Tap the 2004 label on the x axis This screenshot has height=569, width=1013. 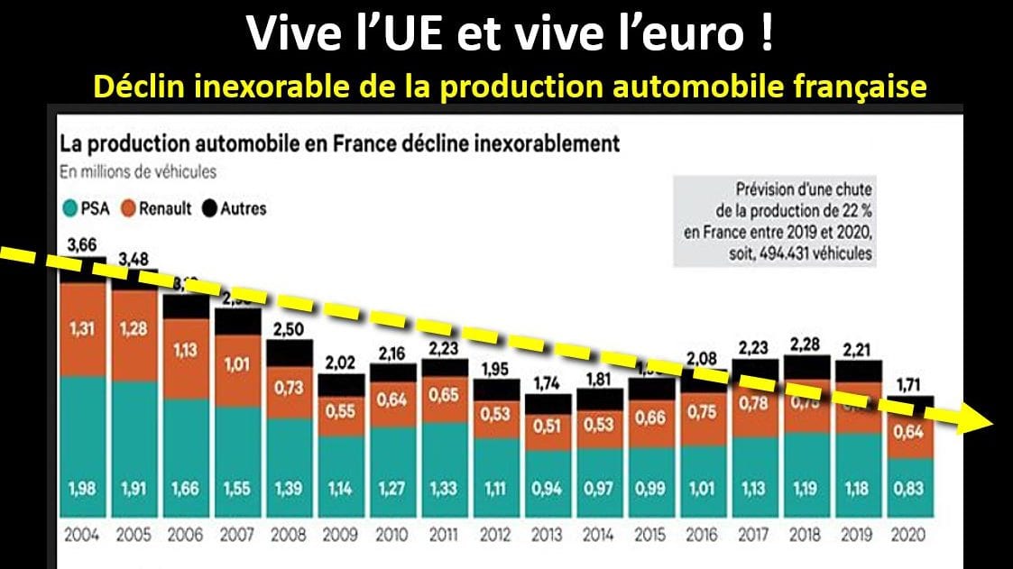[82, 534]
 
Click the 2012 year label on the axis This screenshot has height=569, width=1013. [493, 534]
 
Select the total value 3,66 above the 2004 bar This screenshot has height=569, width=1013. [82, 243]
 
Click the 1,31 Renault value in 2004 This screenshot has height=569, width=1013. [82, 330]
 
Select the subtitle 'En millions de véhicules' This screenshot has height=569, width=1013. [138, 171]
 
